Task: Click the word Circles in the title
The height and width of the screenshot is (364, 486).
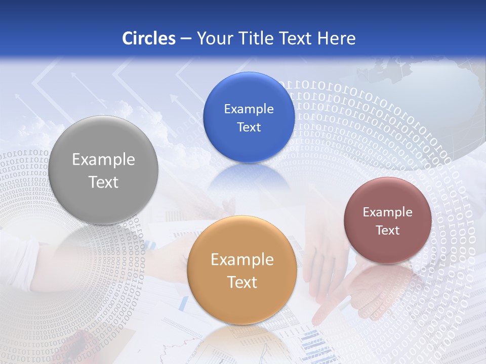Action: point(149,38)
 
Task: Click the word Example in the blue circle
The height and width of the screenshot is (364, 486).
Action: point(249,109)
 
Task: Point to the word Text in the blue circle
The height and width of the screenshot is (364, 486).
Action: point(249,127)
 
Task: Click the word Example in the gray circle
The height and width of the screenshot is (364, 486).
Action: point(104,159)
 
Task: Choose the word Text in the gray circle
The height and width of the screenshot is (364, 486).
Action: point(104,182)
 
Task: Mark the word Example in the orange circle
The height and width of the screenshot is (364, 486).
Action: point(242,259)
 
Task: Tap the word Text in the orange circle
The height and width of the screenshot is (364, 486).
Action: point(242,282)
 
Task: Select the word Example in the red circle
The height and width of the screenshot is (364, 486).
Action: point(388,212)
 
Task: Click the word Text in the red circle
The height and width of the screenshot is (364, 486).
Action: point(388,230)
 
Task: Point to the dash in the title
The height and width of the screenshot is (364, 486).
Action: point(186,38)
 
